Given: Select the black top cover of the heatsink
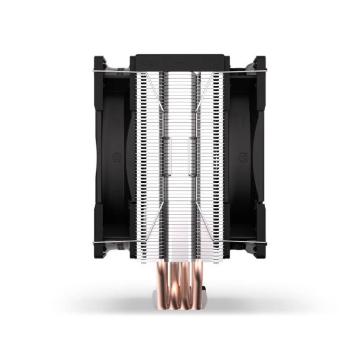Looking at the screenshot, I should point(180,62).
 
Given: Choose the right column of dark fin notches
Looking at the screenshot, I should point(219,161).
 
